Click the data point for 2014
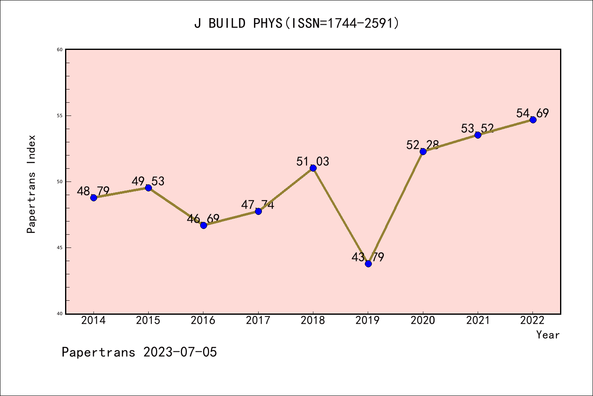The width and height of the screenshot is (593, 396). coord(93,198)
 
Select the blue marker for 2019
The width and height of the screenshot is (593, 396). coord(368,264)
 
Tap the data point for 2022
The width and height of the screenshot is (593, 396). coord(533,120)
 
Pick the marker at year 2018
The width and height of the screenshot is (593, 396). coord(313,168)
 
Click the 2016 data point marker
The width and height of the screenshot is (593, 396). coord(203,225)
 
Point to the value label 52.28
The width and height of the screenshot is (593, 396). coord(423,145)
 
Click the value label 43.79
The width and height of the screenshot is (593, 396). coord(368,257)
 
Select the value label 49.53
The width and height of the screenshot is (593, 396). coord(148,181)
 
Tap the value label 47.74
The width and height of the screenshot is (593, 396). coord(257,205)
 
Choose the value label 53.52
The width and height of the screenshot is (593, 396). coord(477,128)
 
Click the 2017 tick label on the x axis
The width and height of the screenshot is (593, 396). coord(258,321)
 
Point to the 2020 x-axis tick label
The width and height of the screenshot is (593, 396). coord(423,321)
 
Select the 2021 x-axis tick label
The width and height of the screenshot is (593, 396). coord(478,321)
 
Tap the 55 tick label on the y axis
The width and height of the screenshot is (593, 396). coord(60,115)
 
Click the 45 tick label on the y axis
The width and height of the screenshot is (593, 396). coord(60,247)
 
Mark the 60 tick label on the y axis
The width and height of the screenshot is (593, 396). coord(60,49)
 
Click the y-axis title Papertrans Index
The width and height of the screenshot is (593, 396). coord(31,184)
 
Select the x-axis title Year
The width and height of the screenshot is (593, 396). coord(548,335)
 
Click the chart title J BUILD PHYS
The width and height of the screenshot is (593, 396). coord(296,23)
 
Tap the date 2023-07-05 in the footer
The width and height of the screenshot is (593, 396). coord(180,352)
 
